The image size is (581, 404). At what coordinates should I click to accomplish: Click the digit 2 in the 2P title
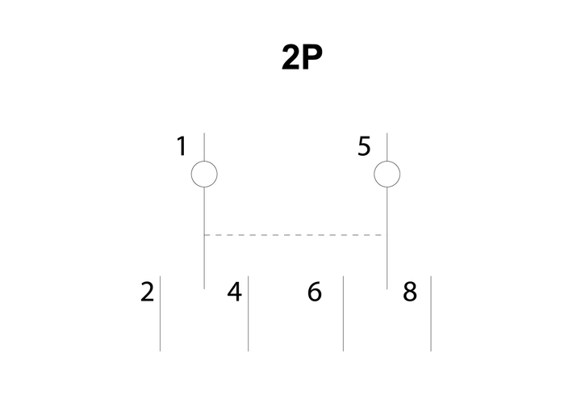pyautogui.click(x=291, y=57)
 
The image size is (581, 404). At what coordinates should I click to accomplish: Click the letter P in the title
pyautogui.click(x=312, y=57)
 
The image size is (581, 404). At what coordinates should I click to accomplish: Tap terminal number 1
pyautogui.click(x=182, y=146)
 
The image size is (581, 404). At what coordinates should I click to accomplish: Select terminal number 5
pyautogui.click(x=364, y=146)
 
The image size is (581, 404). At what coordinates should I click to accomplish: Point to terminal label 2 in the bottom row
pyautogui.click(x=147, y=292)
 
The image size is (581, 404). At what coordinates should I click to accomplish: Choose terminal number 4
pyautogui.click(x=234, y=292)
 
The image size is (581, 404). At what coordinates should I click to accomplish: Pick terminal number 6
pyautogui.click(x=315, y=292)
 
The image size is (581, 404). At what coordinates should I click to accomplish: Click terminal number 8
pyautogui.click(x=410, y=292)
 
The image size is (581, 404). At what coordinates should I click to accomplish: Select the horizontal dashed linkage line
pyautogui.click(x=295, y=235)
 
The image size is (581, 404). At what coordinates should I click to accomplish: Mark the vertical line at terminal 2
pyautogui.click(x=160, y=314)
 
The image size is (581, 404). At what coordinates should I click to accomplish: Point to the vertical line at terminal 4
pyautogui.click(x=249, y=314)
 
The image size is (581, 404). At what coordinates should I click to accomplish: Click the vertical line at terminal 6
pyautogui.click(x=343, y=314)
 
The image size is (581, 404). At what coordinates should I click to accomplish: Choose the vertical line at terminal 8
pyautogui.click(x=431, y=314)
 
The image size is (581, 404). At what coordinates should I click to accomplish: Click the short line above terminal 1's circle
pyautogui.click(x=204, y=147)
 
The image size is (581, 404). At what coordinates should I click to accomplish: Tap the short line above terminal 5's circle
pyautogui.click(x=387, y=147)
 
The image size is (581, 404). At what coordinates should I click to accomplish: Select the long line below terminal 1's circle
pyautogui.click(x=204, y=238)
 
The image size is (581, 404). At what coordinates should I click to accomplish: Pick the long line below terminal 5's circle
pyautogui.click(x=387, y=238)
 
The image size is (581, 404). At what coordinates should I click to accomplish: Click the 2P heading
pyautogui.click(x=302, y=57)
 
